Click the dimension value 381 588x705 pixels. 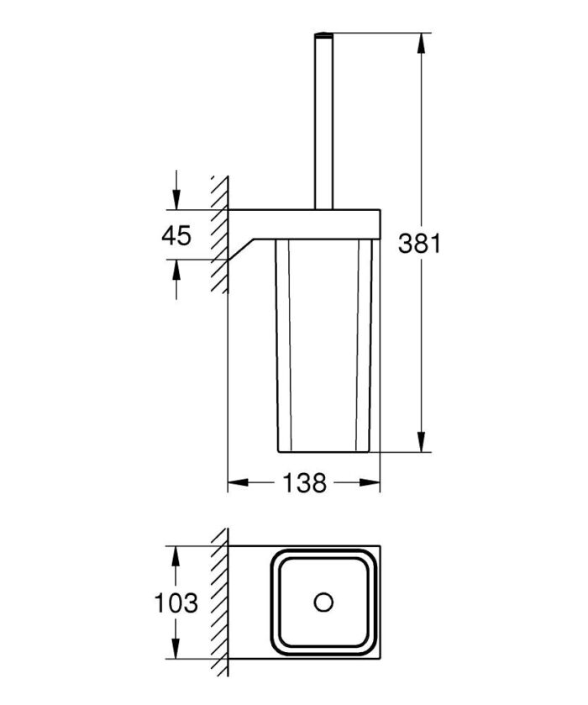point(418,244)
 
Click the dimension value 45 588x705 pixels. point(176,235)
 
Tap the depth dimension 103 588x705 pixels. point(176,603)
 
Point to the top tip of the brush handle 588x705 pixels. point(323,36)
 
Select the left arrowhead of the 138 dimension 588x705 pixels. point(238,483)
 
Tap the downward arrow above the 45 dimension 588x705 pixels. point(176,201)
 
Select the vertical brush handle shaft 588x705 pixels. point(323,126)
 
